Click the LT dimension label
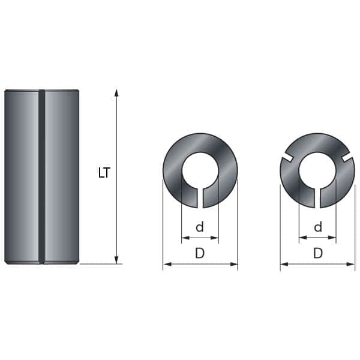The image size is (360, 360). pyautogui.click(x=104, y=173)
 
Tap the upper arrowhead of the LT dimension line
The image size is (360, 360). pyautogui.click(x=116, y=93)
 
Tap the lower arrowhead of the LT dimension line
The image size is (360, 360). pyautogui.click(x=116, y=260)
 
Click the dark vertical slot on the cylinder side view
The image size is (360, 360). pyautogui.click(x=41, y=177)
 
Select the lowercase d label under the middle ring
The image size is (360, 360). pyautogui.click(x=200, y=227)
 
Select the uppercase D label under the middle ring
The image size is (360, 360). pyautogui.click(x=200, y=253)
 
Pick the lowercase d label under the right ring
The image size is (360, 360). pyautogui.click(x=318, y=227)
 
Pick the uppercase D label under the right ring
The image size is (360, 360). pyautogui.click(x=318, y=253)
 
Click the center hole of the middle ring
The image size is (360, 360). pyautogui.click(x=200, y=170)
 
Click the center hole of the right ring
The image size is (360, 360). pyautogui.click(x=317, y=170)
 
